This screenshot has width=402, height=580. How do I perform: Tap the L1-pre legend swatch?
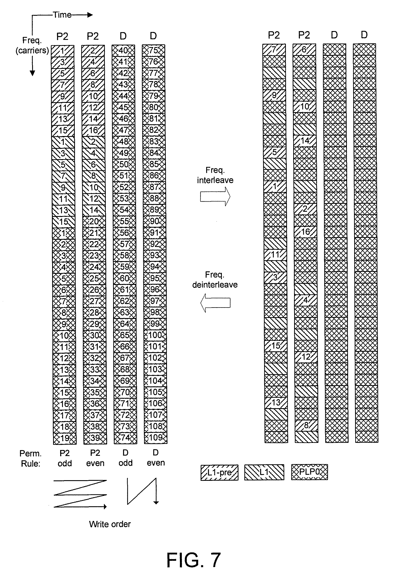[x=219, y=472]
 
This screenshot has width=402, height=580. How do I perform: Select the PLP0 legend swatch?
[x=310, y=472]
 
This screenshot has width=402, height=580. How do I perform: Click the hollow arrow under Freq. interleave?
[x=215, y=196]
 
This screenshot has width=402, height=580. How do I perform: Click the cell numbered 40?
[x=123, y=50]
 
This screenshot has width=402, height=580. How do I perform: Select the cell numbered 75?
[x=153, y=50]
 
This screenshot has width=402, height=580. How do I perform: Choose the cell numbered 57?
[x=125, y=244]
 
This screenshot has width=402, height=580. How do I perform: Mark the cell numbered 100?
[x=155, y=335]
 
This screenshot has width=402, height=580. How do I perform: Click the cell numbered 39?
[x=95, y=438]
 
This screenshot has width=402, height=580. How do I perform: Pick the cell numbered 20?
[x=94, y=221]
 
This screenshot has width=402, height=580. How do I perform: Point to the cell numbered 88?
[x=154, y=198]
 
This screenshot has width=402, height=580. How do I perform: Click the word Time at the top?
[x=62, y=15]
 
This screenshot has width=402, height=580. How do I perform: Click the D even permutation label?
[x=156, y=458]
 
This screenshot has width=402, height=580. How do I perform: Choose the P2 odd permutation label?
[x=65, y=458]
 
